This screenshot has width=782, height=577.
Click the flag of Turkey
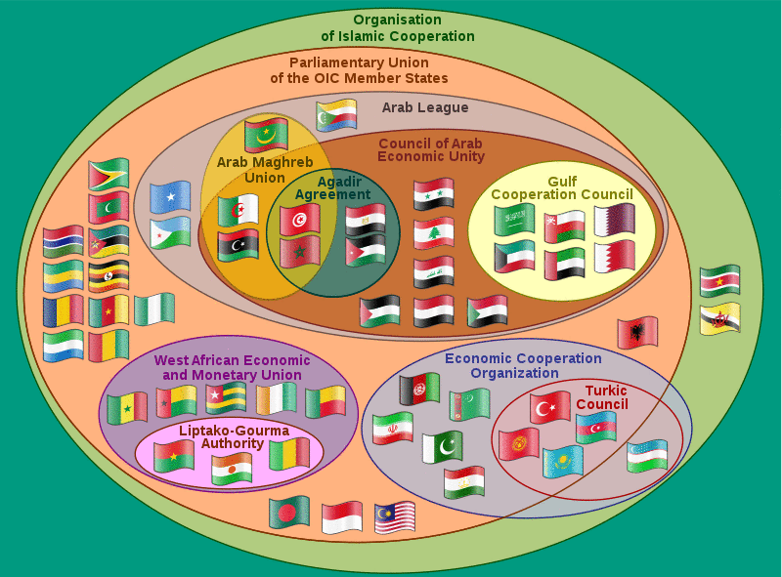(x=550, y=406)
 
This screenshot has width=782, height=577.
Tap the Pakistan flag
(x=442, y=446)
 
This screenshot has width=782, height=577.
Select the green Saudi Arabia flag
(x=513, y=221)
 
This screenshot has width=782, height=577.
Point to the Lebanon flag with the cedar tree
(x=433, y=232)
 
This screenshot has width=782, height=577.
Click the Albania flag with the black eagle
(x=637, y=332)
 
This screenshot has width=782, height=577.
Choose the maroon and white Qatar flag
(x=614, y=220)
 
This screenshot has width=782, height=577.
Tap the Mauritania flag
(x=266, y=135)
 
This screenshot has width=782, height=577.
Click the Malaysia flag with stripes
(x=395, y=516)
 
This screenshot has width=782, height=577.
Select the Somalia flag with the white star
(x=170, y=197)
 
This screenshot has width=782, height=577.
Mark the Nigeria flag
(x=154, y=309)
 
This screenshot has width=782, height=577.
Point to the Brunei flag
(x=719, y=317)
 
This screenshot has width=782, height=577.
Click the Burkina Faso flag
(x=174, y=456)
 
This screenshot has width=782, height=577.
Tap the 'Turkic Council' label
(x=601, y=397)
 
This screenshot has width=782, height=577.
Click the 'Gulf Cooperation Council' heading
(x=562, y=187)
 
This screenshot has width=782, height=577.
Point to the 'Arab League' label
(x=425, y=107)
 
